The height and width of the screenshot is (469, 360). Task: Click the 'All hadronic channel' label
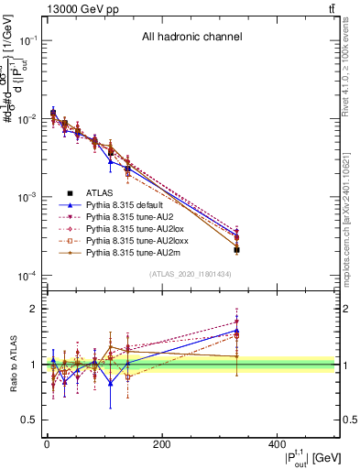pos(191,38)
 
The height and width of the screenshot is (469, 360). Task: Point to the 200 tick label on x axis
pos(161,445)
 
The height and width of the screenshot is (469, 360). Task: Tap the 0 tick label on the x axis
pos(47,445)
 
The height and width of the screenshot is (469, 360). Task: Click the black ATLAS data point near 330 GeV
pos(236,249)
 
